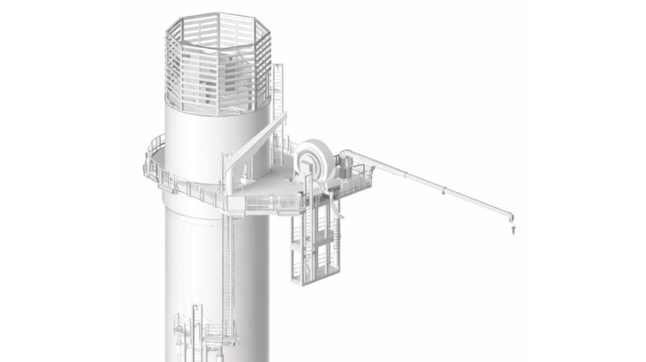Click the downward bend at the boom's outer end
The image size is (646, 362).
[x=511, y=212]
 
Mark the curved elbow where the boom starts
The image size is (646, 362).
[x=348, y=155]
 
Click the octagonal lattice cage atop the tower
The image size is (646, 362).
[x=217, y=63]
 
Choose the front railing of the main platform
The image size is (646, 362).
[x=269, y=202]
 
